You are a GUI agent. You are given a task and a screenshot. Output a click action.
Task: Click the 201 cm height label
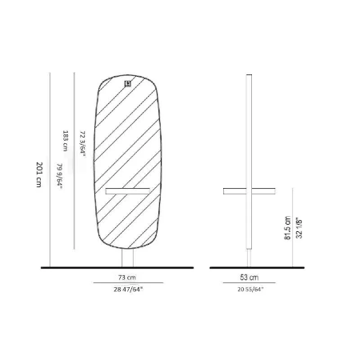(39, 174)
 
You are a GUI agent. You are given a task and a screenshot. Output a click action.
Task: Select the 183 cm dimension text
(65, 141)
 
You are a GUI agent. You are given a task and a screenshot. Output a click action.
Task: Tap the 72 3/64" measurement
(83, 144)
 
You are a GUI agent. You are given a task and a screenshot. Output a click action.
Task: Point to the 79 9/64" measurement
(59, 176)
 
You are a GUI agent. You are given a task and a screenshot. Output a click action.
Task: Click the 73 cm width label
(127, 278)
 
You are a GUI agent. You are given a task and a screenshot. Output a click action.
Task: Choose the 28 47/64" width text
(128, 290)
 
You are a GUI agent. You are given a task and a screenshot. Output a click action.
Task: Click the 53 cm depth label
(249, 278)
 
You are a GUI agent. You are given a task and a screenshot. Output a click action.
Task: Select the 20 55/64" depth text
(250, 290)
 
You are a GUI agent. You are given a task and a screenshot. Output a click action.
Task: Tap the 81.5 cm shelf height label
(287, 228)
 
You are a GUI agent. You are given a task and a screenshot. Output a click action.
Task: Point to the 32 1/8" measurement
(299, 228)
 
